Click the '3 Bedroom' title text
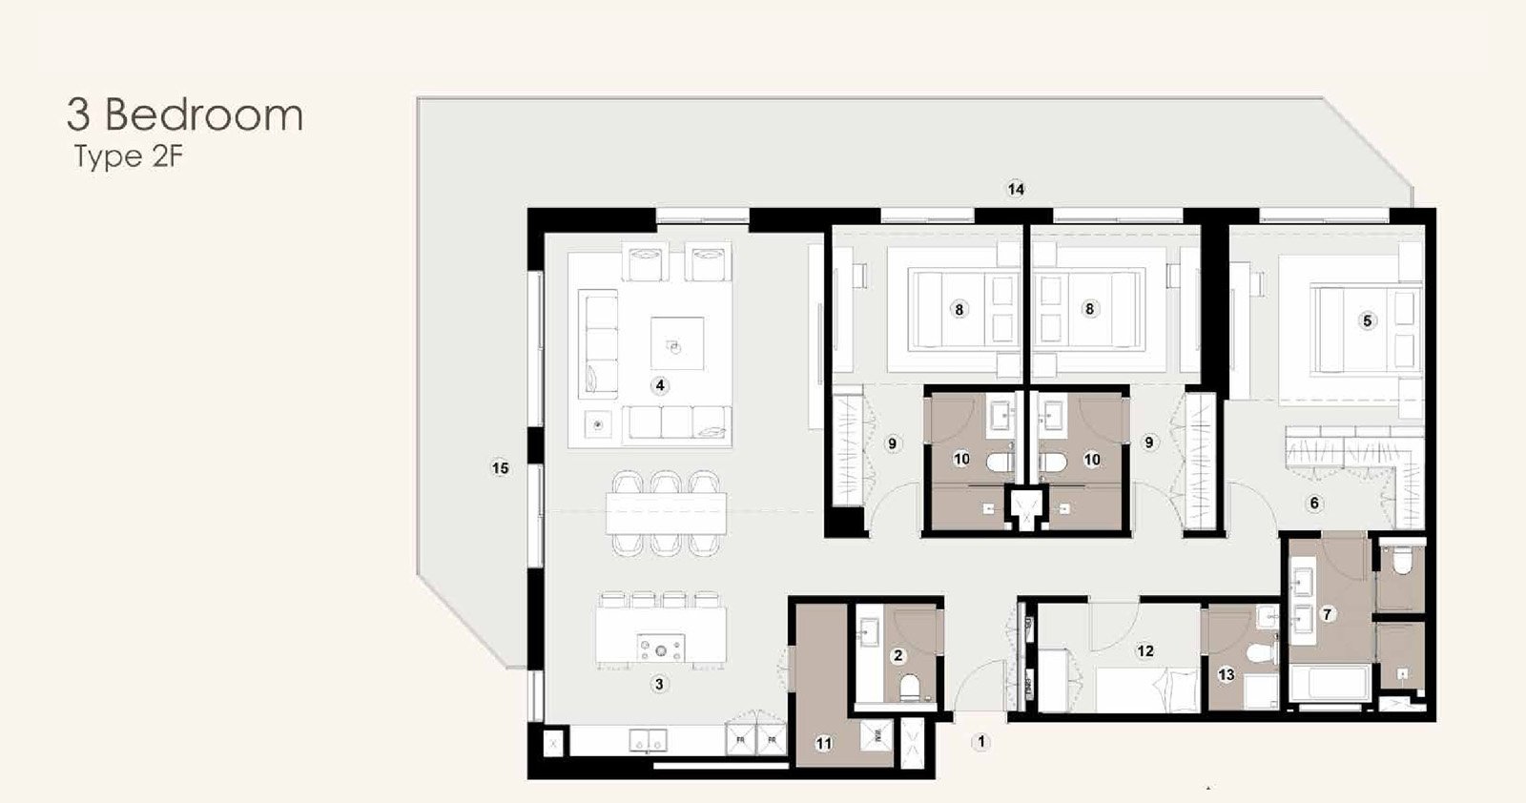pos(185,114)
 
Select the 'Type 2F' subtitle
pos(129,157)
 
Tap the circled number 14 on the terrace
pos(1016,190)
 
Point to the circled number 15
pos(500,468)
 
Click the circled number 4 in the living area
pos(659,386)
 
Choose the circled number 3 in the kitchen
pos(659,684)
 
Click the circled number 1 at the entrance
pos(981,742)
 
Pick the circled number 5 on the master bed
pos(1367,320)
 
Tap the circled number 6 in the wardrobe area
pos(1314,504)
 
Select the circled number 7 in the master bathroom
pos(1327,614)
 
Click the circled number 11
pos(824,744)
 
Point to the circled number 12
pos(1145,651)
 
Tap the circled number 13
pos(1226,675)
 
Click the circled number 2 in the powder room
pos(897,655)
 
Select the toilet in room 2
pos(910,688)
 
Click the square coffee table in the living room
pos(676,343)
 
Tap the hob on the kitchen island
pos(660,648)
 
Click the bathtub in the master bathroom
pos(1330,683)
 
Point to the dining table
pos(667,513)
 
